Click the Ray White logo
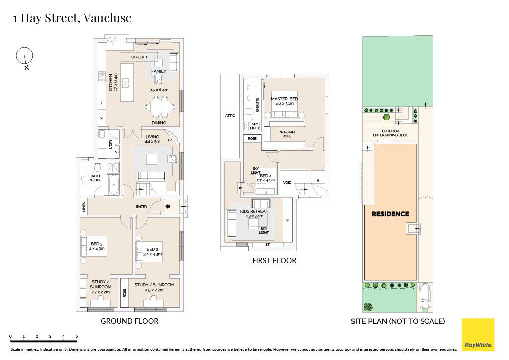coord(478,335)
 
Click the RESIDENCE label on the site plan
coord(390,214)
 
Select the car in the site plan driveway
coord(425,296)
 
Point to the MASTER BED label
coord(284,99)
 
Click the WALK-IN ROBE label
coord(287,134)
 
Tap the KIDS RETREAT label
coord(254,211)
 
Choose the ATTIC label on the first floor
coord(230,115)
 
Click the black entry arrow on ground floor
coord(168,206)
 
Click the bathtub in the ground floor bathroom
coord(114,185)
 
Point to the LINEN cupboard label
coord(84,206)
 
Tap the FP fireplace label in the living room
coord(170,140)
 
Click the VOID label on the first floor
coord(287,183)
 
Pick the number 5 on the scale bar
coord(77,336)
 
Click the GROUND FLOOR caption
coord(130,321)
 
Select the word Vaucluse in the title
coord(107,18)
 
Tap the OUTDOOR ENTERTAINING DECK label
coord(390,133)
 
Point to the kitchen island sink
coord(126,83)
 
